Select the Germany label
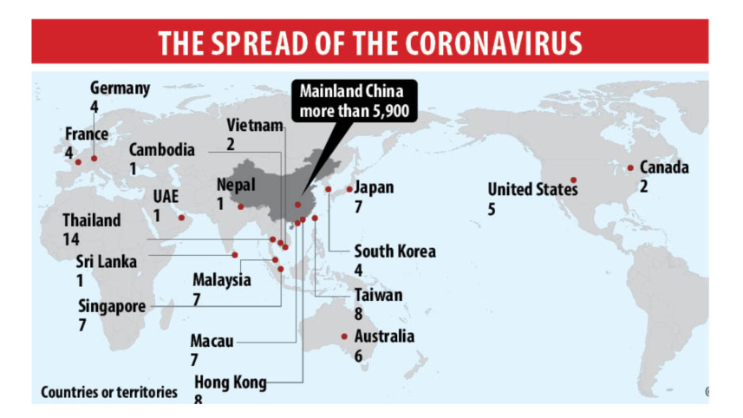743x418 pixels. point(120,88)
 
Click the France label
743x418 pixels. point(87,134)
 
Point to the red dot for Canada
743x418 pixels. point(630,167)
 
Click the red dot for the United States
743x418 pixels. point(573,180)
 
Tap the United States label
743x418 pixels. point(531,189)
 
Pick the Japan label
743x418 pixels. point(375,187)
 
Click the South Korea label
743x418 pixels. point(394,251)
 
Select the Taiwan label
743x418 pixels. point(378,295)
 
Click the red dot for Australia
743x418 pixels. point(344,336)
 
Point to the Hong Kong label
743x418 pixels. point(230,382)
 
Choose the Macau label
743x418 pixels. point(212,341)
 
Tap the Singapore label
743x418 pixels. point(111,306)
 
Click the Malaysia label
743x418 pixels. point(222,280)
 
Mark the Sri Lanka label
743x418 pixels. point(105,262)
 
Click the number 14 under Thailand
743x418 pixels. point(71,238)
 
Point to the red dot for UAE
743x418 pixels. point(181,218)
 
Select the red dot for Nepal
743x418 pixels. point(240,206)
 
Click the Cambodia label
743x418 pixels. point(162,149)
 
